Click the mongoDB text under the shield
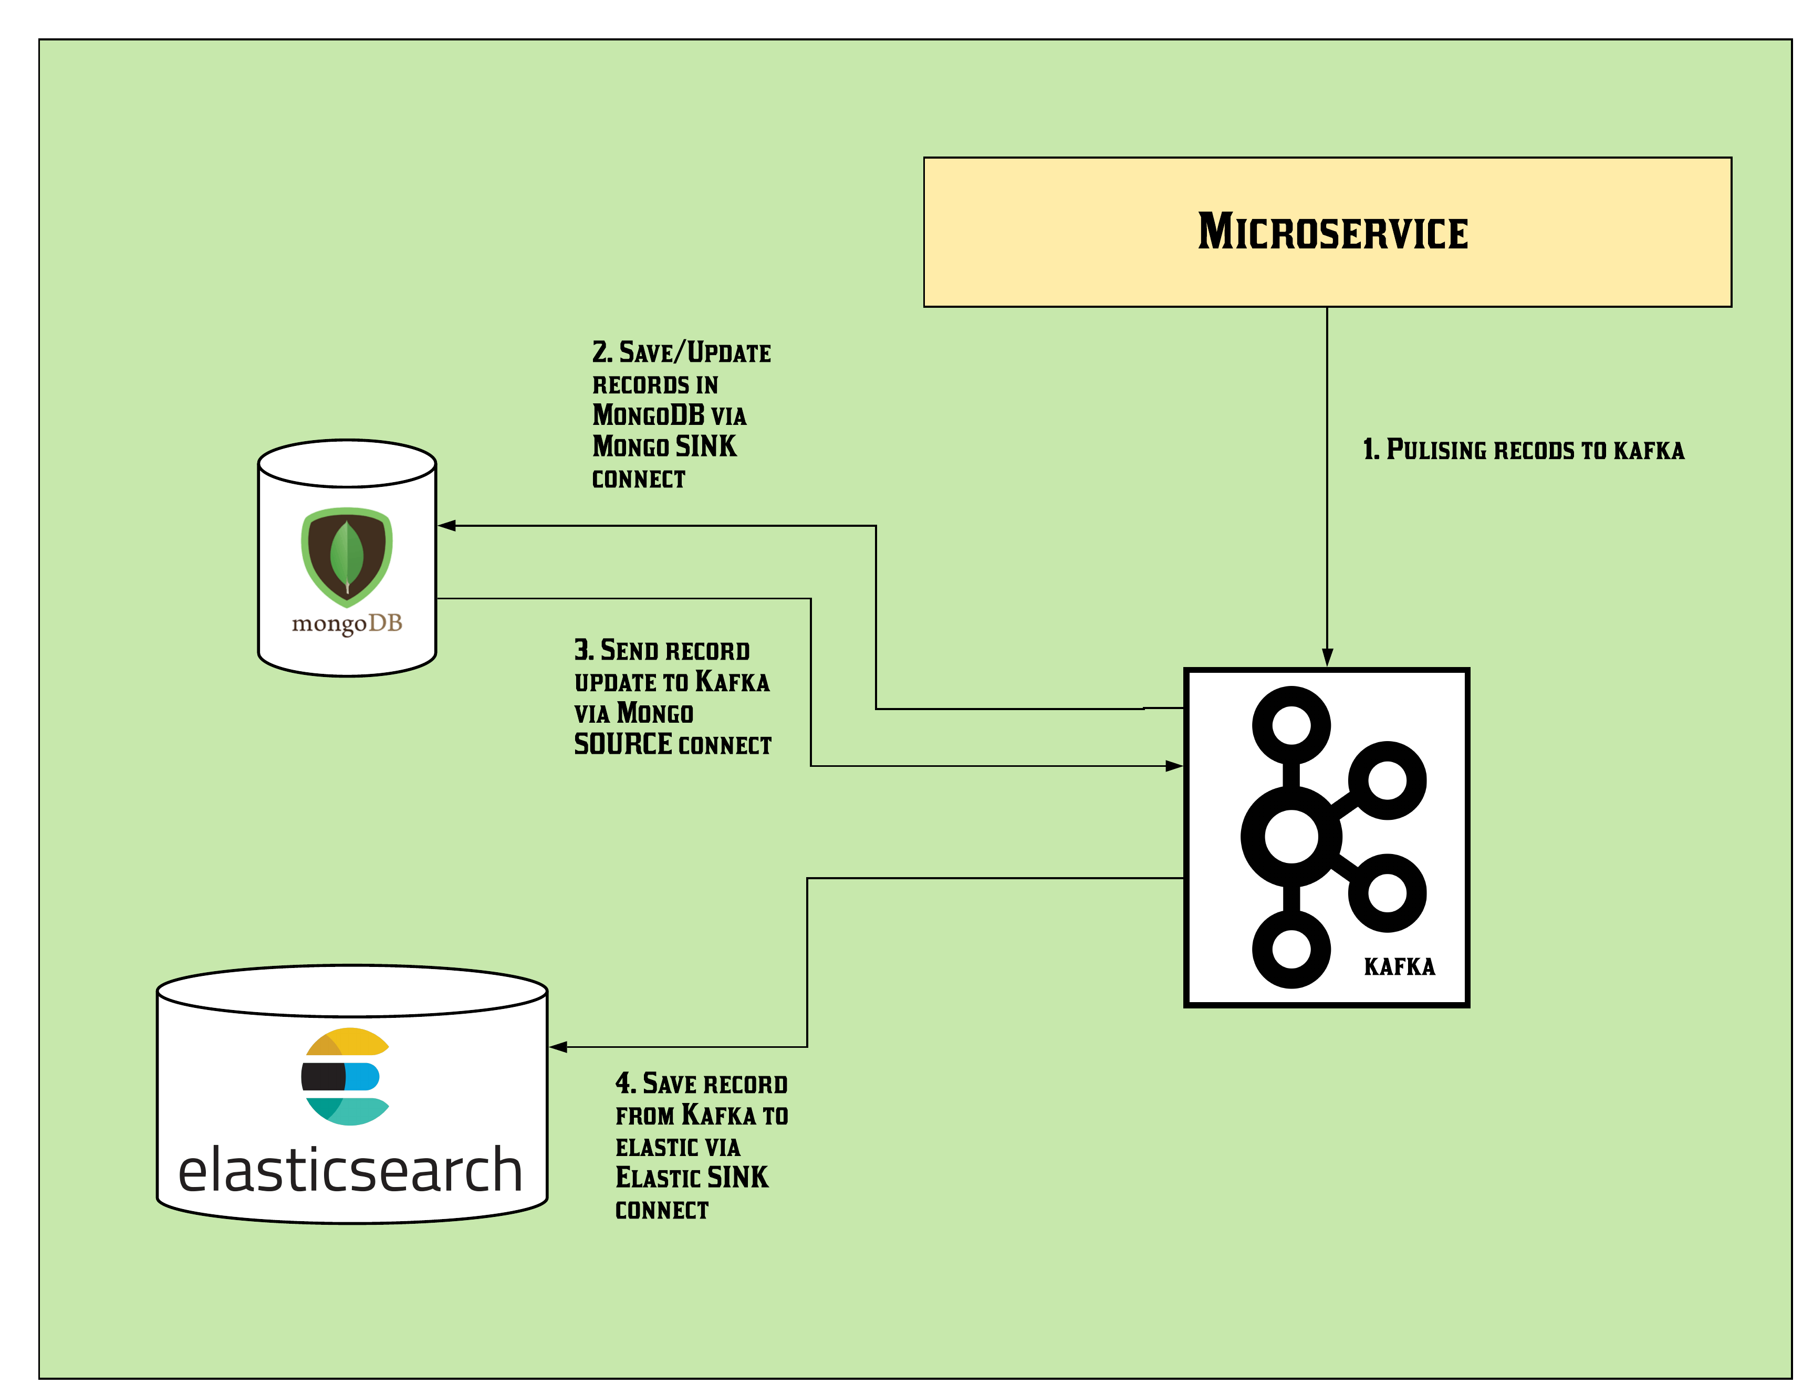tap(347, 623)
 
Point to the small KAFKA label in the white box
tap(1400, 966)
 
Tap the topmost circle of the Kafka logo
tap(1291, 724)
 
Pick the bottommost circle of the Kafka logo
tap(1291, 949)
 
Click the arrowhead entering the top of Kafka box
tap(1327, 658)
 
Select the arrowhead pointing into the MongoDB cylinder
tap(446, 526)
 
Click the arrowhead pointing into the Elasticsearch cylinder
tap(559, 1047)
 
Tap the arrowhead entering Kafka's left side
tap(1174, 766)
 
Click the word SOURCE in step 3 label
tap(622, 744)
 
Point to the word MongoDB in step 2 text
tap(648, 414)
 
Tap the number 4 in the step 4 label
tap(625, 1083)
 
